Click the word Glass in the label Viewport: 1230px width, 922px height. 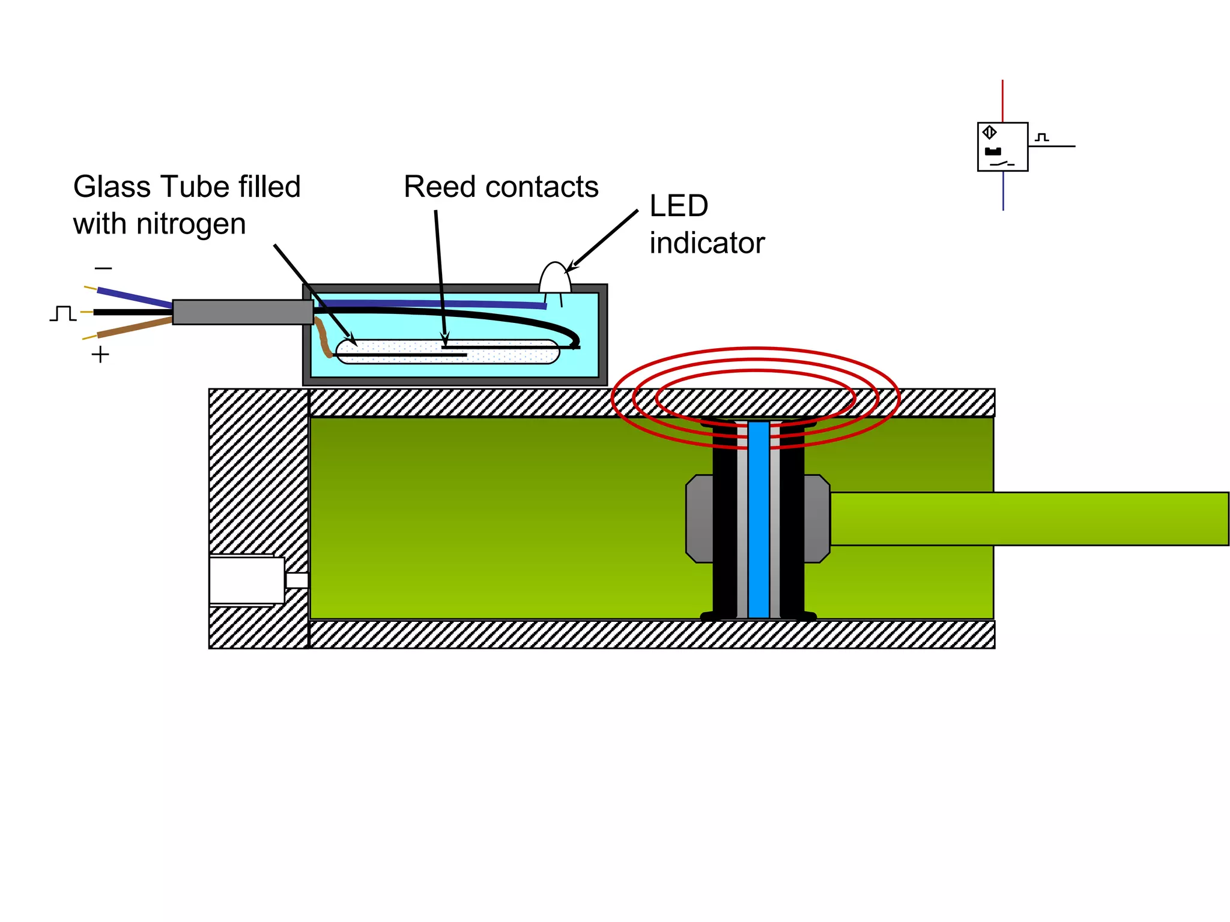pyautogui.click(x=112, y=187)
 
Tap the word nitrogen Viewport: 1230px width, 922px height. pyautogui.click(x=191, y=224)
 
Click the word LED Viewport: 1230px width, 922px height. pyautogui.click(x=679, y=206)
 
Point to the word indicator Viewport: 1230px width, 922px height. pyautogui.click(x=706, y=243)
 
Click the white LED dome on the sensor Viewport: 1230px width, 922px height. pyautogui.click(x=555, y=278)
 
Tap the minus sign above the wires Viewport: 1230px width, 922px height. pyautogui.click(x=103, y=268)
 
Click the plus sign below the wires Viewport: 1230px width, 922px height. pyautogui.click(x=100, y=355)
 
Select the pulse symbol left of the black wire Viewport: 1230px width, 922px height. pyautogui.click(x=62, y=313)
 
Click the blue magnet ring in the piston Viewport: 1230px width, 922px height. pyautogui.click(x=759, y=519)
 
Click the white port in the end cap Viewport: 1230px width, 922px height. pyautogui.click(x=246, y=580)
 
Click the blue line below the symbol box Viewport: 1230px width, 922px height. pyautogui.click(x=1003, y=191)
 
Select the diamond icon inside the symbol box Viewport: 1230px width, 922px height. pyautogui.click(x=990, y=132)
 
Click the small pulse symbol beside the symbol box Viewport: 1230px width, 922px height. pyautogui.click(x=1042, y=137)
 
